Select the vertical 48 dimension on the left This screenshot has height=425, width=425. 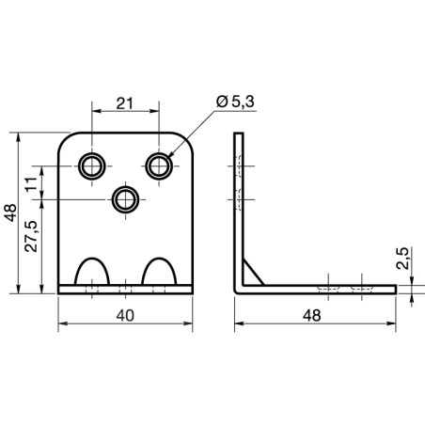tap(9, 213)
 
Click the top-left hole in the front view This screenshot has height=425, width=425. tap(92, 165)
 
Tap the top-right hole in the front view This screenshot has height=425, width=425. tap(160, 165)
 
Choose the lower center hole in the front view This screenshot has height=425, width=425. tap(126, 198)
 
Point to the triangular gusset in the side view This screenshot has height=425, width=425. tap(250, 269)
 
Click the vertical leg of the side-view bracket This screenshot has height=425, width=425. tap(238, 207)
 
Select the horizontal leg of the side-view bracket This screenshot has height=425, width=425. tap(320, 288)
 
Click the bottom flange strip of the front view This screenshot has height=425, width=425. tap(126, 289)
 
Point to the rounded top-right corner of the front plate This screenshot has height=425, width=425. tap(187, 142)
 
